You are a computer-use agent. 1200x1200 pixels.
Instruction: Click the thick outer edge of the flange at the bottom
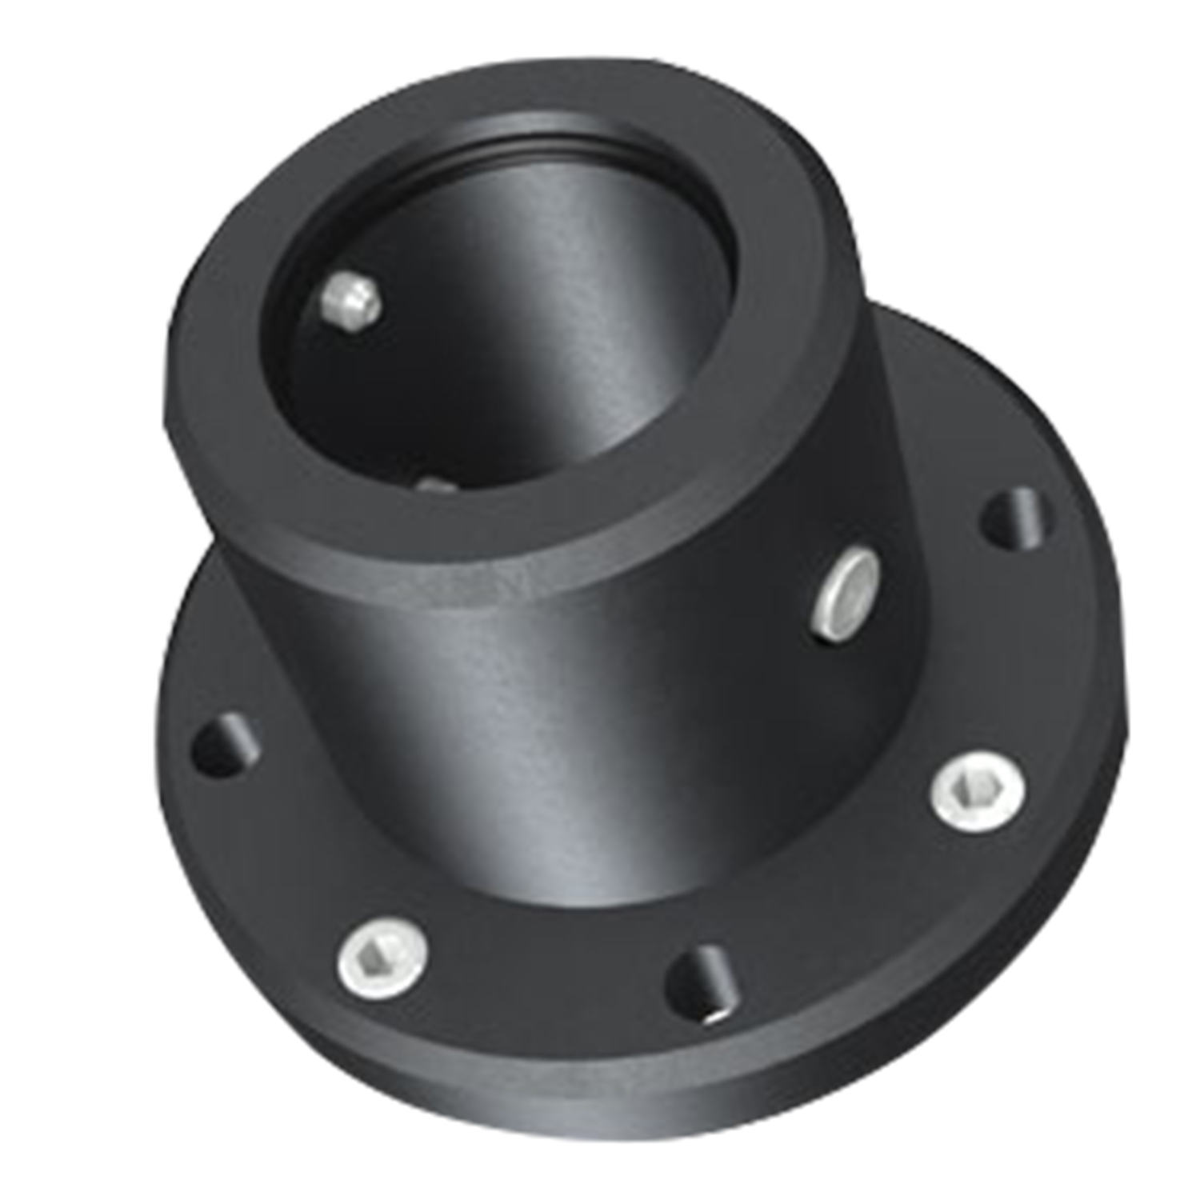coord(640,1104)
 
